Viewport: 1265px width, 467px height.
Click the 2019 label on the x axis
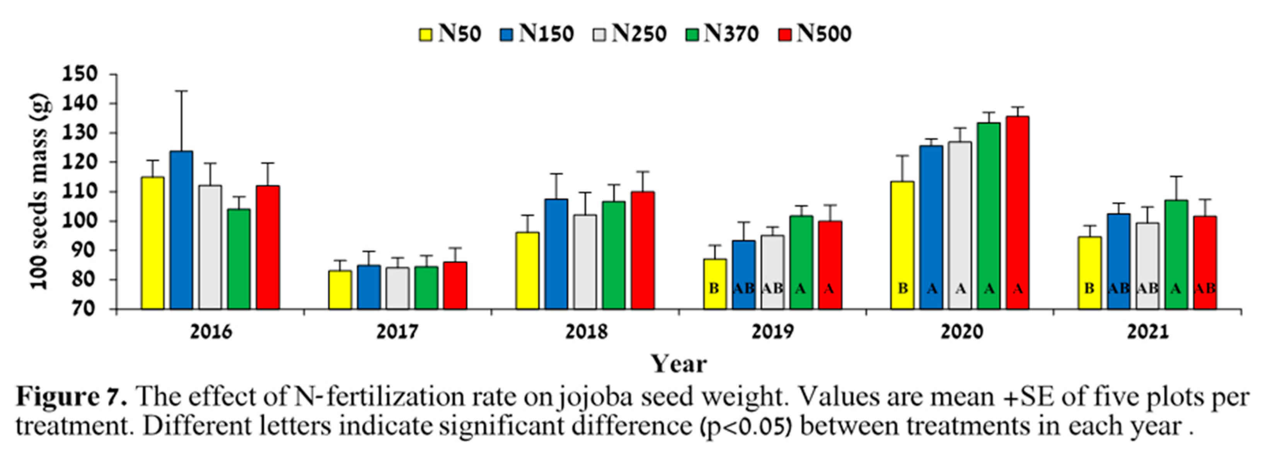[x=772, y=332]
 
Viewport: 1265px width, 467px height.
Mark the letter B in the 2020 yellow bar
[x=903, y=289]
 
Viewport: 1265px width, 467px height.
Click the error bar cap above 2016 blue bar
[x=181, y=91]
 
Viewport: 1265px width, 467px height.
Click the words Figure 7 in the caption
[x=72, y=397]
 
